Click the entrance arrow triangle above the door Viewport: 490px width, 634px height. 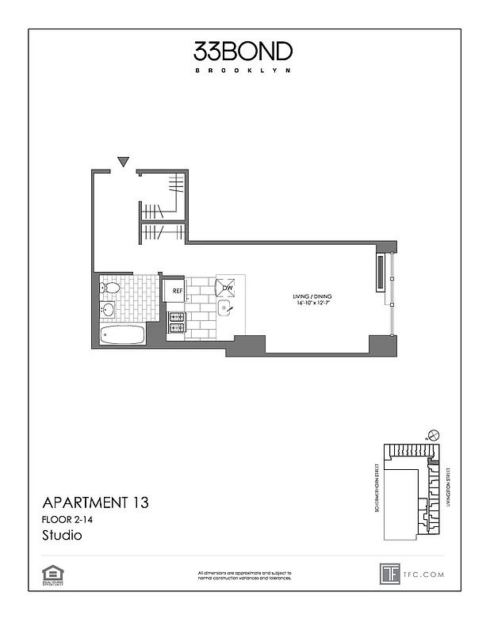point(123,162)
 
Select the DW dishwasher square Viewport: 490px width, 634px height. point(228,288)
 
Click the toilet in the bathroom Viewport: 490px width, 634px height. point(109,288)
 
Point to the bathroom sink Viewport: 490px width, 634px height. point(108,309)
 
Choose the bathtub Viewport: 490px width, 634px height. point(123,334)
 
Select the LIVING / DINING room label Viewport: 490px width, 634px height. point(308,297)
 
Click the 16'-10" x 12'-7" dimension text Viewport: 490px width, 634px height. point(308,304)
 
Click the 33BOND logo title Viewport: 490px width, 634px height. point(243,52)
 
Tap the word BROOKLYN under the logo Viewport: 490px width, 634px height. point(243,71)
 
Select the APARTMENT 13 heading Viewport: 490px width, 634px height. point(94,502)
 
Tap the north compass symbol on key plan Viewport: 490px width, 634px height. point(432,435)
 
